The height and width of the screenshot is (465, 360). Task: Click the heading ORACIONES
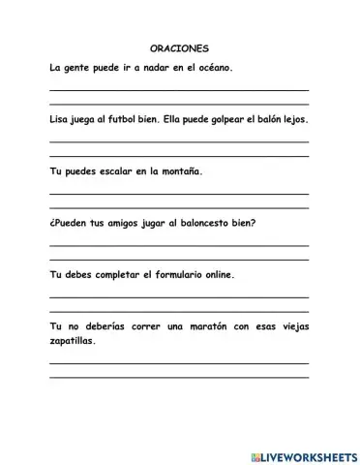click(180, 47)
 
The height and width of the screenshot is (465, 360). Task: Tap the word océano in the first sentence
click(215, 69)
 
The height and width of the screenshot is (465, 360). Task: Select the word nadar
click(145, 69)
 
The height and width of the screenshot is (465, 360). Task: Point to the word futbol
click(128, 122)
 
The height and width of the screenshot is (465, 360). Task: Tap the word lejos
click(310, 122)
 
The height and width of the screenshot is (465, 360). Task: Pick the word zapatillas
click(73, 341)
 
